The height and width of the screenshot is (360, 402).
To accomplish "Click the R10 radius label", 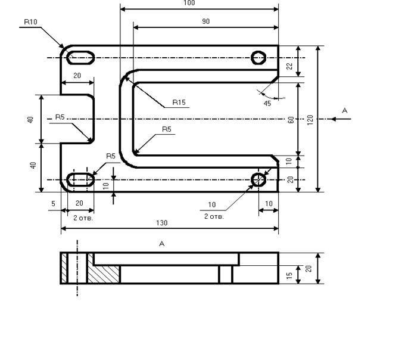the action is [30, 22].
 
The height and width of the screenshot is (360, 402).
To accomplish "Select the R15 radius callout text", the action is [179, 103].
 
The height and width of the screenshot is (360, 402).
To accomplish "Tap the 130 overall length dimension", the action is [162, 223].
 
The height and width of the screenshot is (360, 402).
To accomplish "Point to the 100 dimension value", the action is [189, 3].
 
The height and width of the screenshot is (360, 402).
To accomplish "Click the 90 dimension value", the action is [206, 21].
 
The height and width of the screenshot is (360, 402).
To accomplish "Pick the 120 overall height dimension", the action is [310, 120].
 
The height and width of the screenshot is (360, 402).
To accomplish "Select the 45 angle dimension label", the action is [267, 103].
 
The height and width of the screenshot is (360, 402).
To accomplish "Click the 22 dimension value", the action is [289, 66].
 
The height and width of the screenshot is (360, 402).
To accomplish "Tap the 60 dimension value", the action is [291, 120].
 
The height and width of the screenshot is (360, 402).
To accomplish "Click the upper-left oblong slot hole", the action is [80, 58].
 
